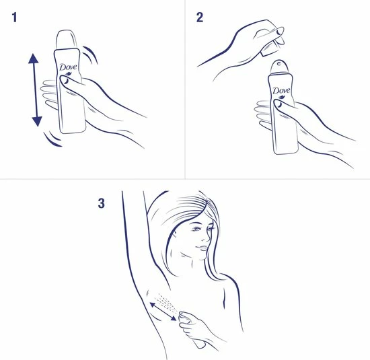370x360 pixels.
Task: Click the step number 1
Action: [x=14, y=18]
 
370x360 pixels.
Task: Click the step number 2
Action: [x=200, y=18]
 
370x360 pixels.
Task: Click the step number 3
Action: [x=101, y=203]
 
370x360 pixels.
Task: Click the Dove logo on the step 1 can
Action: [x=67, y=67]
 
